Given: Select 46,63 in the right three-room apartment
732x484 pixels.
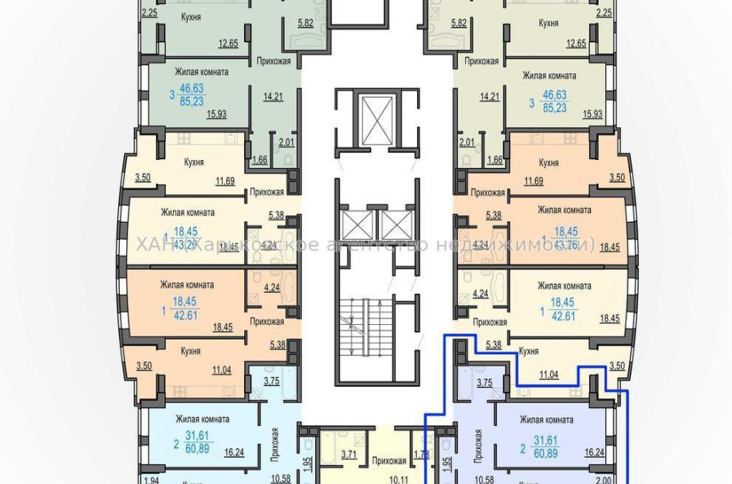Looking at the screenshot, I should pos(554,95).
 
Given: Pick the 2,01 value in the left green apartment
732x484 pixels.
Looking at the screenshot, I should pos(286,142).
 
